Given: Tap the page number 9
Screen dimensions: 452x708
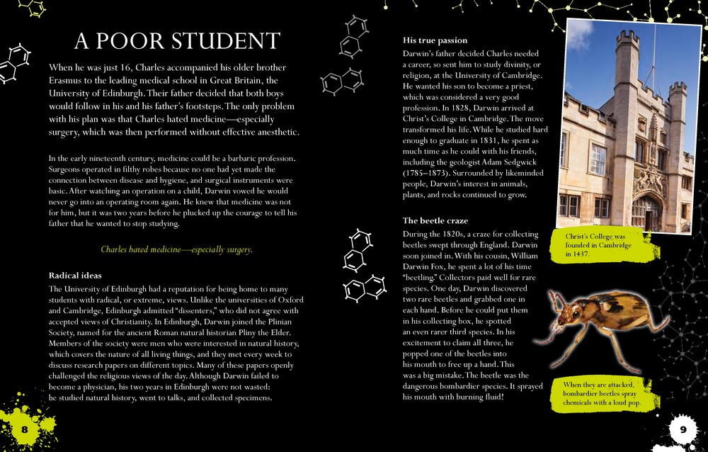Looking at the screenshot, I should click(x=683, y=429).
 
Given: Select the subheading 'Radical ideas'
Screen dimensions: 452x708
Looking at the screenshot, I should click(x=75, y=275).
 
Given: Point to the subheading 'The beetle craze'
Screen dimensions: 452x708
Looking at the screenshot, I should click(x=435, y=220).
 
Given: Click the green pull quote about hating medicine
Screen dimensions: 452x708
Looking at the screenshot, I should click(x=176, y=249).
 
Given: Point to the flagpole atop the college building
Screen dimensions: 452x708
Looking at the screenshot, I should click(x=653, y=50).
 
